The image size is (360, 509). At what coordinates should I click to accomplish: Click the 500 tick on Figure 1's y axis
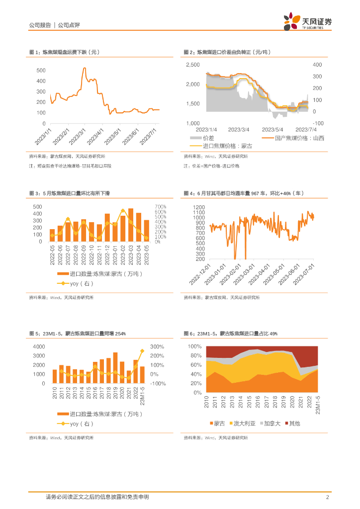[x=41, y=71]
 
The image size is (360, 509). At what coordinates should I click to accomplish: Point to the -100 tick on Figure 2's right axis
[x=318, y=123]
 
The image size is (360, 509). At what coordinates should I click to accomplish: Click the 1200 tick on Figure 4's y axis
[x=199, y=207]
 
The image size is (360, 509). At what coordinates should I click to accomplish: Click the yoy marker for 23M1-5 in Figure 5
[x=142, y=351]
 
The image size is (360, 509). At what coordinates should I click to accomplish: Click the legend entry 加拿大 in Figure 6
[x=273, y=424]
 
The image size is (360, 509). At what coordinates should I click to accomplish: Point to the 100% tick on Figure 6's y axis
[x=194, y=346]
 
